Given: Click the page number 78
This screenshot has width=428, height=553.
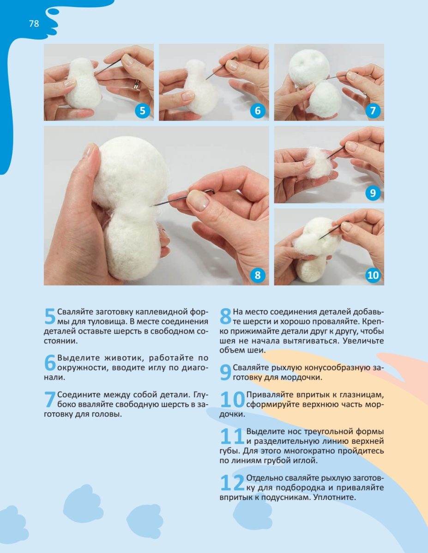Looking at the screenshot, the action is pyautogui.click(x=34, y=24).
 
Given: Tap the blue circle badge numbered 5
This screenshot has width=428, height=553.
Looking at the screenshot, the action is pyautogui.click(x=143, y=111).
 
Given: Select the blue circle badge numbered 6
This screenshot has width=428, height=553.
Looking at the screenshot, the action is pyautogui.click(x=258, y=111).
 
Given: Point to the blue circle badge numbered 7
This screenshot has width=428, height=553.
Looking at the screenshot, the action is pyautogui.click(x=373, y=111).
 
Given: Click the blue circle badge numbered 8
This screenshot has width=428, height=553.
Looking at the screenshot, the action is pyautogui.click(x=258, y=275).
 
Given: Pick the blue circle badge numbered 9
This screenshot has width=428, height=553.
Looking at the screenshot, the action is pyautogui.click(x=373, y=193).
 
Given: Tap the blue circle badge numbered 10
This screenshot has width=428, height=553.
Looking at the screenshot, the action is pyautogui.click(x=373, y=275).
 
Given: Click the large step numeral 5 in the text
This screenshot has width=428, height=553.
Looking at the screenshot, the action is pyautogui.click(x=50, y=316).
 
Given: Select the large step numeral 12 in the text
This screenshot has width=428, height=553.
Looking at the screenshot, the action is pyautogui.click(x=232, y=482).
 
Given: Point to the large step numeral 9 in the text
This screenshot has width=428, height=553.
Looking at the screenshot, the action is pyautogui.click(x=226, y=372).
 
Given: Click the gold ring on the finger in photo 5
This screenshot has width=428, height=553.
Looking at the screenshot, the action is pyautogui.click(x=137, y=85).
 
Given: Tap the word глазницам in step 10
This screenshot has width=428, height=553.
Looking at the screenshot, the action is pyautogui.click(x=361, y=395).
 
